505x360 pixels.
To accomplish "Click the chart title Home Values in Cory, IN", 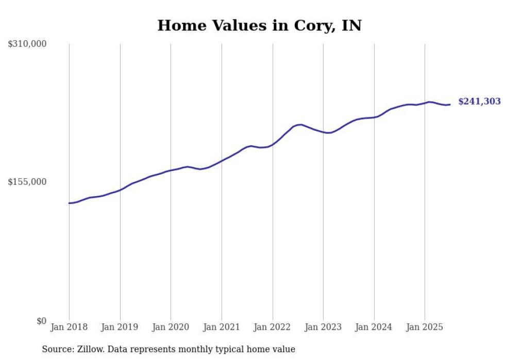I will [x=259, y=25].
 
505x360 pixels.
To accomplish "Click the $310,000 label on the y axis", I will [x=27, y=44].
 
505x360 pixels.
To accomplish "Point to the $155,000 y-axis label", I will [x=27, y=182].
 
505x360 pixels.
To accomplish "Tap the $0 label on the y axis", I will [x=42, y=321].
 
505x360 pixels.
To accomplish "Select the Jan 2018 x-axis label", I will [x=69, y=327].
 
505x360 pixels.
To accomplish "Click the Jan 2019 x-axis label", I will [x=120, y=327].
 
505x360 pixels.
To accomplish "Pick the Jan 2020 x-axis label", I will [x=171, y=327].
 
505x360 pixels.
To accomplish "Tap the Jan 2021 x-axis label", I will [x=222, y=327].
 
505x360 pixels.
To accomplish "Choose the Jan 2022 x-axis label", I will [x=273, y=327].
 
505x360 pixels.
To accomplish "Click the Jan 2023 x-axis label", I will [x=323, y=327].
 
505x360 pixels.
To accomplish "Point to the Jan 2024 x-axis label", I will [x=374, y=327].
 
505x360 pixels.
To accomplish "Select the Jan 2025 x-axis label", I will [x=425, y=327].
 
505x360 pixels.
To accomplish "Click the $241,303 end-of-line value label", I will [x=479, y=101].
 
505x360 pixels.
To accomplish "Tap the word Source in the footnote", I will [x=56, y=349].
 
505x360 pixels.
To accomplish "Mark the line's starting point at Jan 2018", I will [x=69, y=203].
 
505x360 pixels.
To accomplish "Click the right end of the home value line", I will [x=450, y=105].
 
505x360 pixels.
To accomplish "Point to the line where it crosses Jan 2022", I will [x=273, y=144].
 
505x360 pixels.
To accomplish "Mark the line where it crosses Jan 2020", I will [x=171, y=170].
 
